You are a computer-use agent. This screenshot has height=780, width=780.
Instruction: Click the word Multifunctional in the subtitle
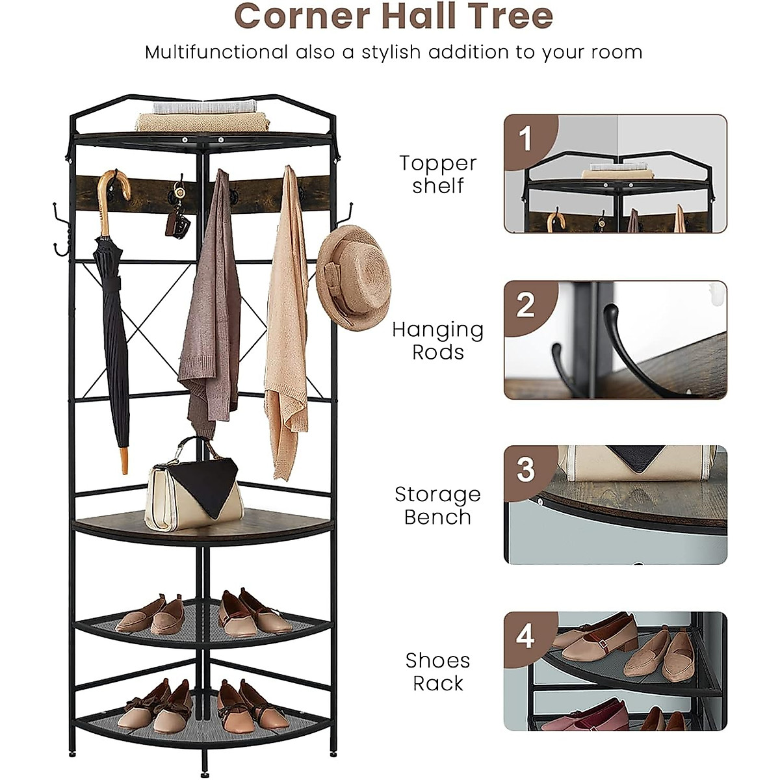click(216, 52)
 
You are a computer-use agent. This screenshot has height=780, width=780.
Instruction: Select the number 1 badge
click(525, 138)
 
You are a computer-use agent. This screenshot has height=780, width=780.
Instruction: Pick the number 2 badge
click(525, 305)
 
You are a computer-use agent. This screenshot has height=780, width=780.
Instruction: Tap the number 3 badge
click(525, 470)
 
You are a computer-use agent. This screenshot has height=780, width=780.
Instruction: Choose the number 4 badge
click(525, 636)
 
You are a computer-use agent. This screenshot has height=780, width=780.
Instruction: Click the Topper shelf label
click(437, 174)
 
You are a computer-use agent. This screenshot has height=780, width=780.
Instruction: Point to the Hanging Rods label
click(437, 341)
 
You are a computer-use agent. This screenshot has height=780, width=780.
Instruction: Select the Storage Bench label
click(437, 506)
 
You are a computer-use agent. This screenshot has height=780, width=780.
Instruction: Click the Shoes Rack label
click(437, 671)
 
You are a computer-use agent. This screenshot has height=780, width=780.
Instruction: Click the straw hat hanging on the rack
click(354, 276)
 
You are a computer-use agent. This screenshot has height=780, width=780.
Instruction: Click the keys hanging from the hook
click(178, 221)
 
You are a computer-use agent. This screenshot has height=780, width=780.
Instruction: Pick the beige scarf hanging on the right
click(286, 325)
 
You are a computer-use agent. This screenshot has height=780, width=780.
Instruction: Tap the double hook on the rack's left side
click(60, 231)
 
